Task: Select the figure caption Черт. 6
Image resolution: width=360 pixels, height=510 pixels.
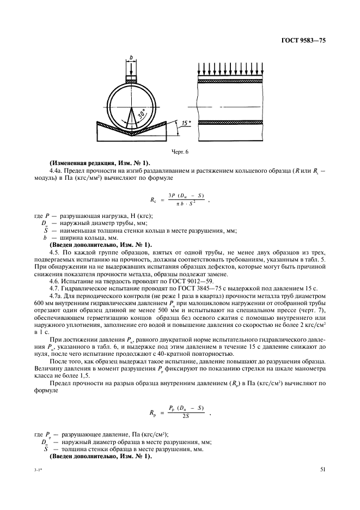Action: pos(180,152)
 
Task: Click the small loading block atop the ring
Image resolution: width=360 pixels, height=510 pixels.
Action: pos(131,80)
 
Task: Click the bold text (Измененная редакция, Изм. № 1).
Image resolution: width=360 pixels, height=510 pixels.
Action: pos(100,164)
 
